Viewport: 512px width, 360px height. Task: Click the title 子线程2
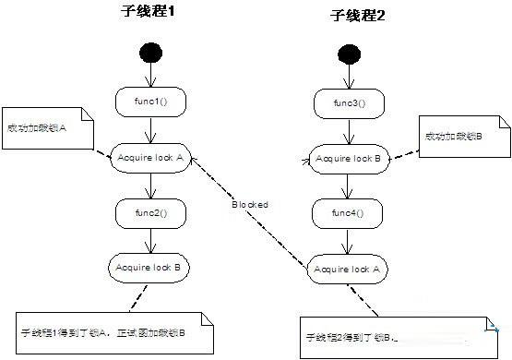point(355,16)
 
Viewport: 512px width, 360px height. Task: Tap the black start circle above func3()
point(350,54)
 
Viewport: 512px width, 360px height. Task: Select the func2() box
point(151,213)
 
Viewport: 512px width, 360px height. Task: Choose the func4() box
point(348,214)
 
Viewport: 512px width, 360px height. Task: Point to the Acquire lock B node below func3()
point(349,159)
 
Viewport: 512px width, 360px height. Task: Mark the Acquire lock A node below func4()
point(349,269)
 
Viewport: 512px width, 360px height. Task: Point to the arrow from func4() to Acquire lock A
point(349,241)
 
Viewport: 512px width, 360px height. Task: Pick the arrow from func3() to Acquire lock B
point(349,131)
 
